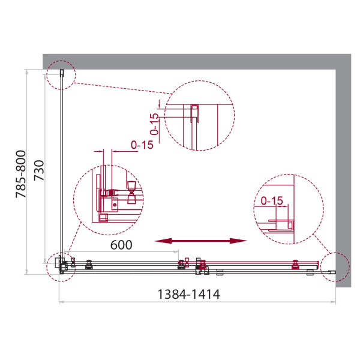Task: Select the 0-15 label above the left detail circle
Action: (142, 145)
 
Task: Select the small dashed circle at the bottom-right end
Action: (334, 265)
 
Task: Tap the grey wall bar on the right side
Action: (342, 174)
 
